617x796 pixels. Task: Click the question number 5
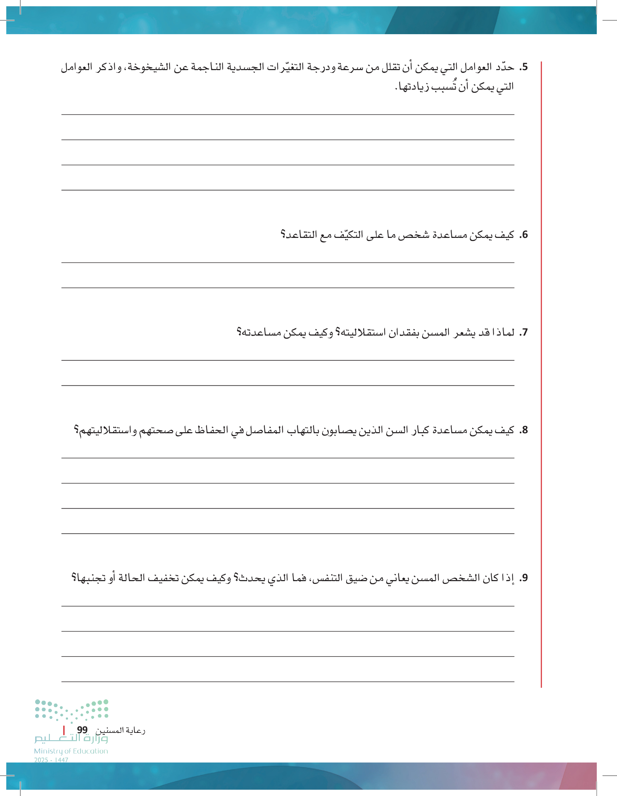click(524, 67)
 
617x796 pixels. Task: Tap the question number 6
click(524, 235)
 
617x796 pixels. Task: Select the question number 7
click(524, 332)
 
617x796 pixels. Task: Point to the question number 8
click(524, 430)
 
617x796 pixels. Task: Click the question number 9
click(524, 578)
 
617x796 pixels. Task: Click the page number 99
click(82, 730)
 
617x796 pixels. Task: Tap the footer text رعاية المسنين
click(120, 730)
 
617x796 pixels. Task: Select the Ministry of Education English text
click(71, 751)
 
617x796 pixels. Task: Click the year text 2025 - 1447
click(51, 760)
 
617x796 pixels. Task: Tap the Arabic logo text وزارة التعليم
click(71, 738)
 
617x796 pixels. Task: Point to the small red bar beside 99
click(64, 730)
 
